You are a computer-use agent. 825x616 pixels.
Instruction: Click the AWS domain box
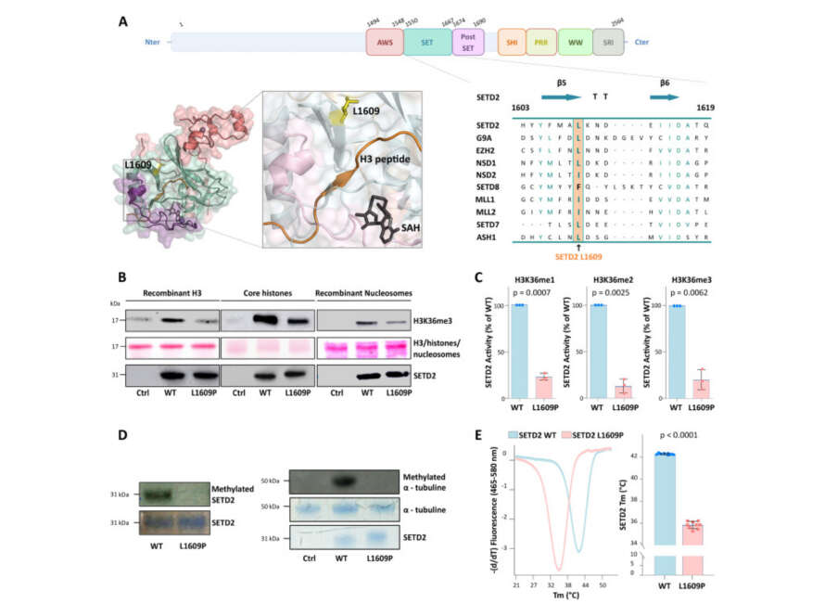(385, 42)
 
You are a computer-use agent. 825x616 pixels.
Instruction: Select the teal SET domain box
(427, 42)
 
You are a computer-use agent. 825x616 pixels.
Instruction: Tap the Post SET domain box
(467, 42)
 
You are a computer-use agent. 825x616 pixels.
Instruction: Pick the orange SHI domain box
(511, 42)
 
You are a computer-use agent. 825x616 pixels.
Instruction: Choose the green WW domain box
(575, 42)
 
